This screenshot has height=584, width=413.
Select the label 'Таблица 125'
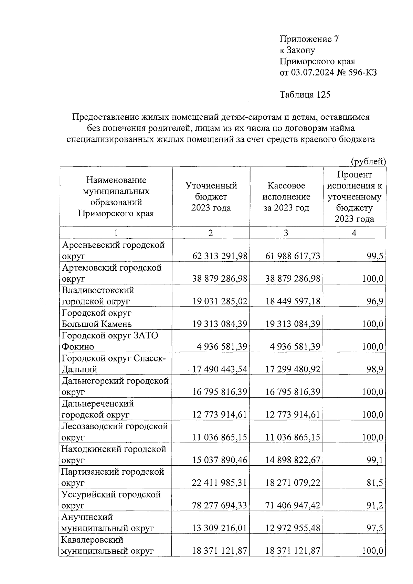coord(305,95)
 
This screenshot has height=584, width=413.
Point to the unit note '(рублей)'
coord(368,161)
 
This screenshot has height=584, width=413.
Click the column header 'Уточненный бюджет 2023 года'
coord(211,197)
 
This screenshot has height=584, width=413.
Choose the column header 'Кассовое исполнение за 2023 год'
coord(286,197)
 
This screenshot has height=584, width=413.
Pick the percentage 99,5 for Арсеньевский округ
coord(375,256)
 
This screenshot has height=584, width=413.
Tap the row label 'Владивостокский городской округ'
coord(98,296)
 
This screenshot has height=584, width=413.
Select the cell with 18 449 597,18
coord(293,302)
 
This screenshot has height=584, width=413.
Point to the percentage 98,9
coord(375,370)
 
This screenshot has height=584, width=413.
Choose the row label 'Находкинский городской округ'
coord(114,454)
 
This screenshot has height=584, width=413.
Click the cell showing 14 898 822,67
coord(293,460)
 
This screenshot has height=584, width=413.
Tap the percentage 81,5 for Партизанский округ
coord(375,483)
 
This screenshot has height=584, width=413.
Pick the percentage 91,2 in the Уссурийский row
coord(375,506)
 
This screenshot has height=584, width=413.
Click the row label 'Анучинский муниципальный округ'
coord(107,522)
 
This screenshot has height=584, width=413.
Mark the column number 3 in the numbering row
coord(286,233)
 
